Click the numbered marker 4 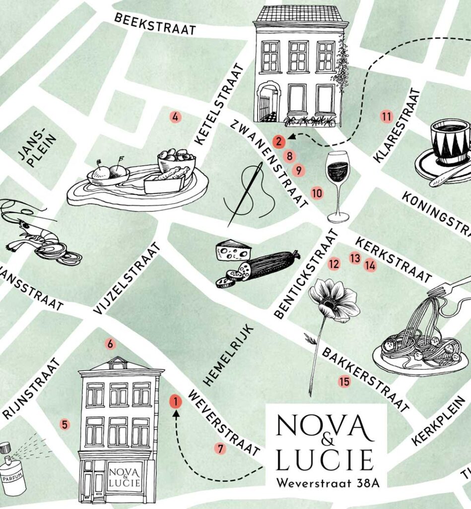[x=175, y=117]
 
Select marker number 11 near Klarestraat [x=387, y=117]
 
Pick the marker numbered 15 [x=344, y=382]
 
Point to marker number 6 [x=110, y=343]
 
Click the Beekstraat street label [x=155, y=23]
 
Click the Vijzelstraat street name [x=128, y=278]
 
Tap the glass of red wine [x=337, y=186]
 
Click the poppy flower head [x=334, y=300]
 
